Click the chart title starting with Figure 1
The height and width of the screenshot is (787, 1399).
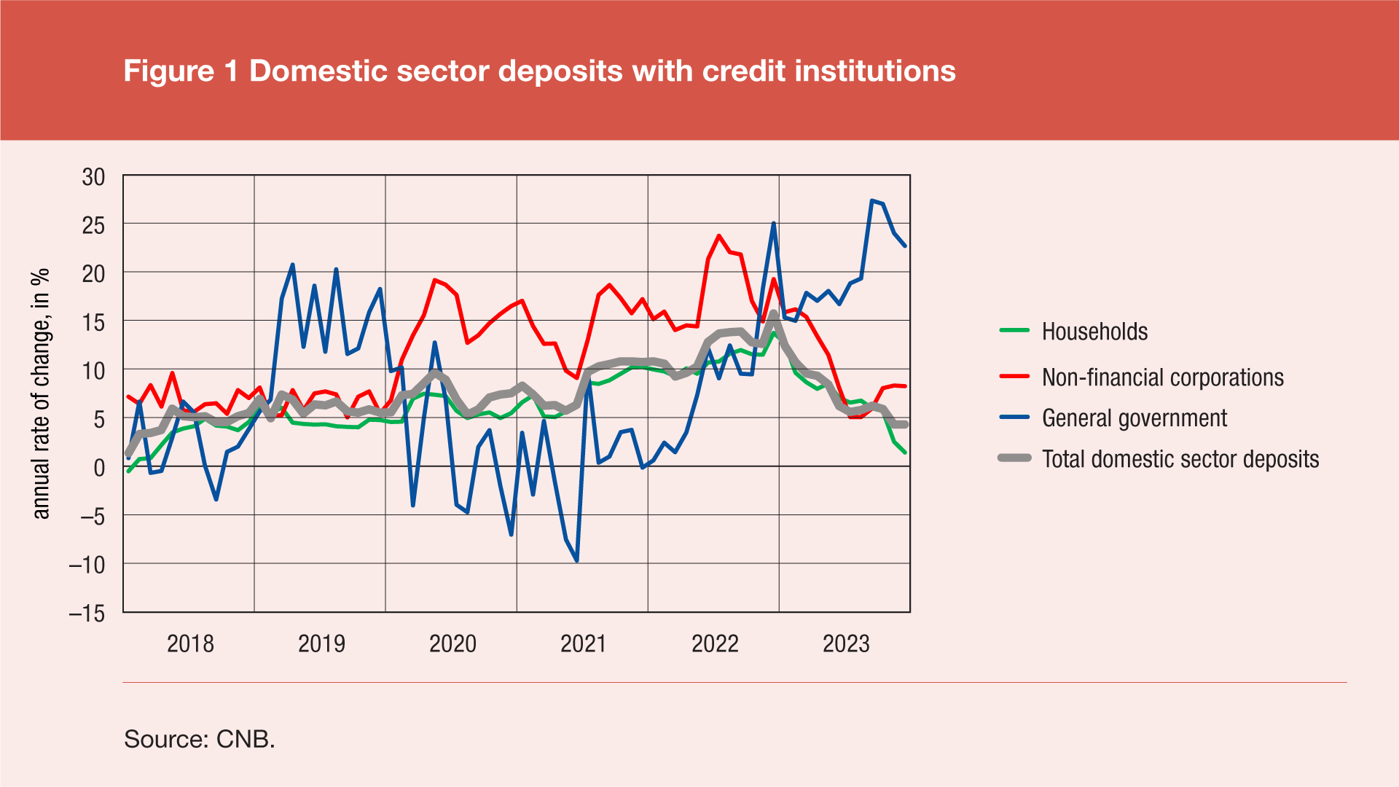[539, 71]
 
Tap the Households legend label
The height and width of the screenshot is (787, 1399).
[1094, 332]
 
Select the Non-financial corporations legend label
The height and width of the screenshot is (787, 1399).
[1162, 377]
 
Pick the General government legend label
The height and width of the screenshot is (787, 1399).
[1134, 418]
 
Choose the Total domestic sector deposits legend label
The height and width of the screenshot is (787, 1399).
[1180, 459]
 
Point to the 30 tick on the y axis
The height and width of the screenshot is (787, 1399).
[93, 177]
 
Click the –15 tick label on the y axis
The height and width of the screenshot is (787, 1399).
[87, 614]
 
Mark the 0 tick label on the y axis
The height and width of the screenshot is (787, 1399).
[99, 468]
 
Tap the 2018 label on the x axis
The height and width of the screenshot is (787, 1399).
[190, 644]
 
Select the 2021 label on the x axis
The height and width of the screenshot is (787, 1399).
[584, 644]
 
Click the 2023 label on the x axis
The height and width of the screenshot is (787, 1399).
[846, 644]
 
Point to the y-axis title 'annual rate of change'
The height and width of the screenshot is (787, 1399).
[41, 393]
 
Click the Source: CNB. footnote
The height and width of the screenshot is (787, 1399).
[200, 739]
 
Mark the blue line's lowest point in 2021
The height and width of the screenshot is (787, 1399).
[577, 560]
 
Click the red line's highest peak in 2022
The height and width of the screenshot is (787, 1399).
[719, 235]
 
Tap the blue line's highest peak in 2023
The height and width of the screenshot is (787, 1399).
[871, 200]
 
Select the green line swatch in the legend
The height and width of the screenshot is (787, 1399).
[1014, 331]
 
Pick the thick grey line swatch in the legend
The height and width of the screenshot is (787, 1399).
[1014, 458]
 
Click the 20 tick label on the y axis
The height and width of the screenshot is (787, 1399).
[93, 274]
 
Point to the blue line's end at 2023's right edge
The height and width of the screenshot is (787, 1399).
[905, 246]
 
